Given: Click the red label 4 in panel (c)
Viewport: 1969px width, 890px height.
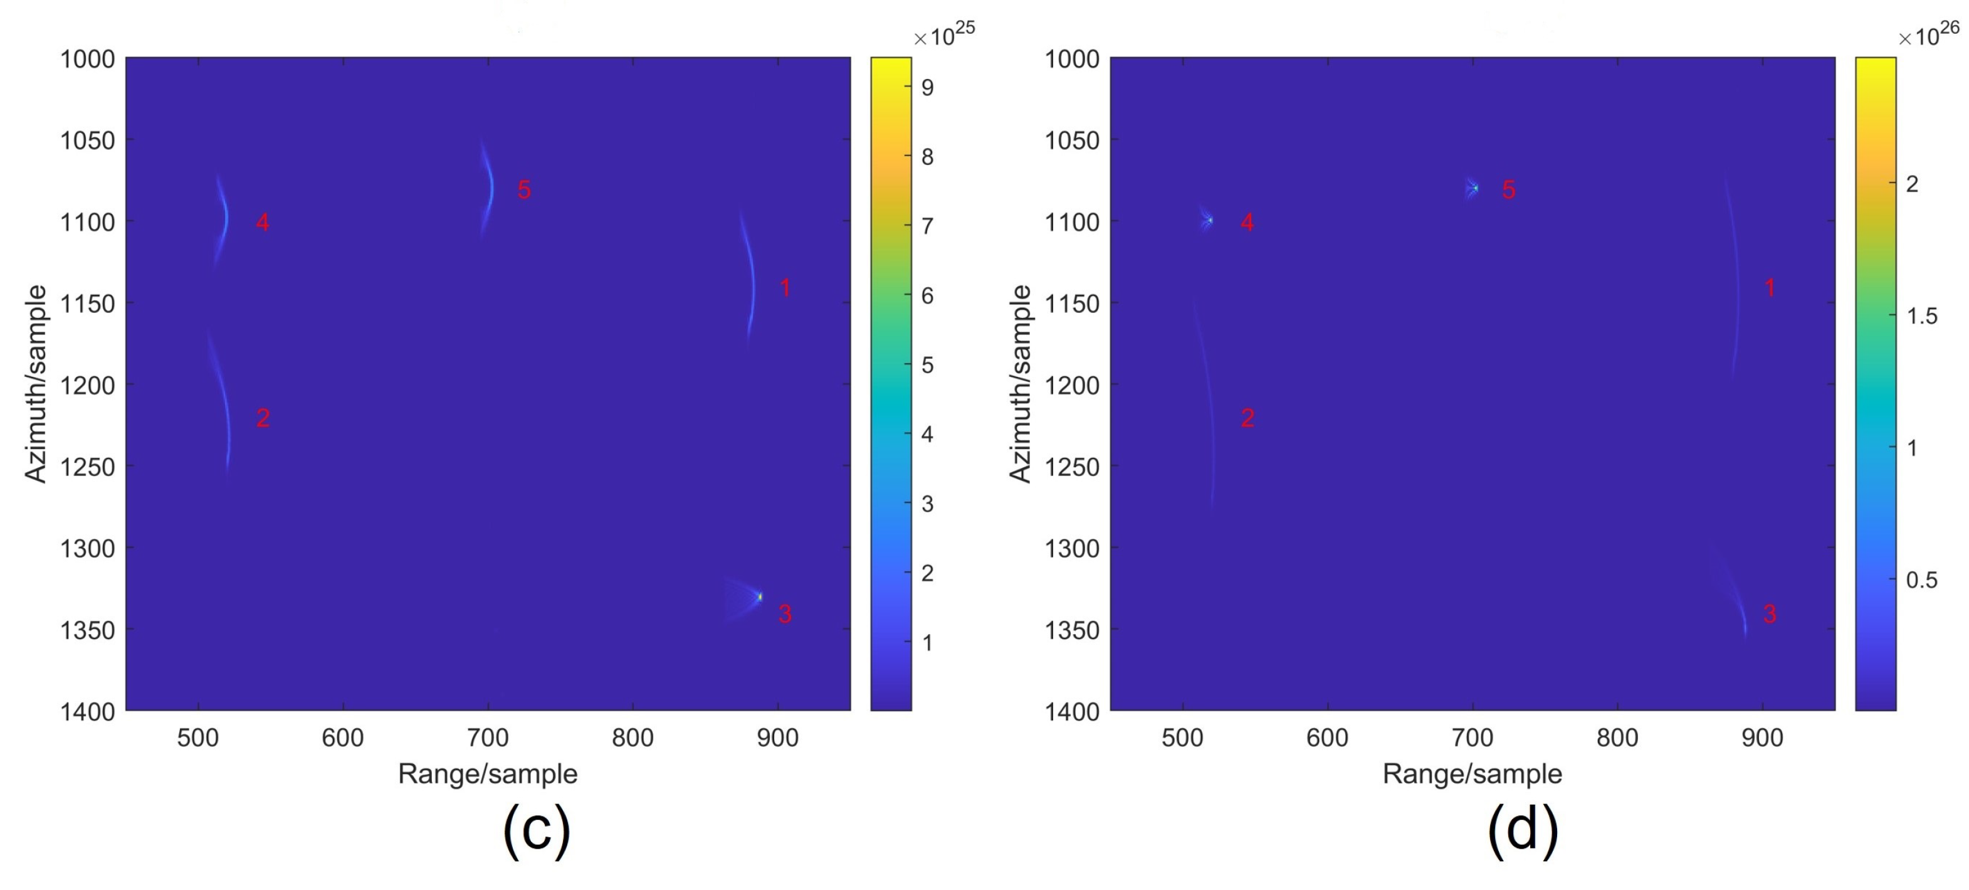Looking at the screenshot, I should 262,223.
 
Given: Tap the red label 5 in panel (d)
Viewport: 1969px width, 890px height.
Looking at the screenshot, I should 1508,189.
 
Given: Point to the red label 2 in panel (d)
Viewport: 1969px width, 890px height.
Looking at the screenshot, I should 1247,418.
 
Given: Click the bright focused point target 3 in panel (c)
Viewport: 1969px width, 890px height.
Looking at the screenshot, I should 760,596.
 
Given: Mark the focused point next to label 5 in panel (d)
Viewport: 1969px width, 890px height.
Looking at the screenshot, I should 1475,188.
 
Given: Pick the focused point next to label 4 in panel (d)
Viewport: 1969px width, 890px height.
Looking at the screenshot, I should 1210,221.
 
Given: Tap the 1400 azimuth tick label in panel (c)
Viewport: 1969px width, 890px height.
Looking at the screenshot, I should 87,712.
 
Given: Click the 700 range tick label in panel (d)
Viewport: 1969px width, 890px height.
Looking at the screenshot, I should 1472,738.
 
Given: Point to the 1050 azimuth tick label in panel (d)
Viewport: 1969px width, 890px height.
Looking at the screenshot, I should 1072,140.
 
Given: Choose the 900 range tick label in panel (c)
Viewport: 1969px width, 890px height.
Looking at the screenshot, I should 777,738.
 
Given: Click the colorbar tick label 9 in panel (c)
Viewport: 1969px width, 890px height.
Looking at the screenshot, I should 927,88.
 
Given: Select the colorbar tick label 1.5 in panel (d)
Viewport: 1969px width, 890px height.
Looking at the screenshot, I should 1921,315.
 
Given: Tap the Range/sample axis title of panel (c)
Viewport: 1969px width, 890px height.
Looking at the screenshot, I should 488,774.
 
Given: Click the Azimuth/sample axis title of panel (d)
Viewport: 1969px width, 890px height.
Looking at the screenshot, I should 1021,384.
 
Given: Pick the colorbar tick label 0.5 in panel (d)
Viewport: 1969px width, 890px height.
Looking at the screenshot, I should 1921,580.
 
